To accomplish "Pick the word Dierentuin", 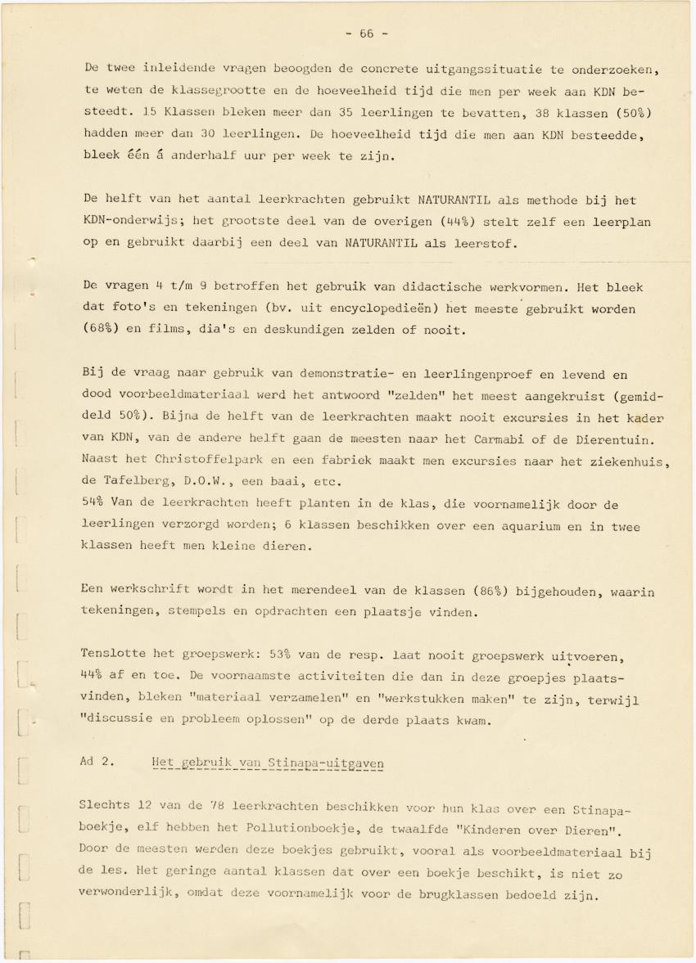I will click(627, 442).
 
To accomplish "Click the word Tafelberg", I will click(134, 483).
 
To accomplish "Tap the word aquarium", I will click(508, 526).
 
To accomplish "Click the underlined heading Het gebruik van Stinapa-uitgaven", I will click(268, 763).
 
